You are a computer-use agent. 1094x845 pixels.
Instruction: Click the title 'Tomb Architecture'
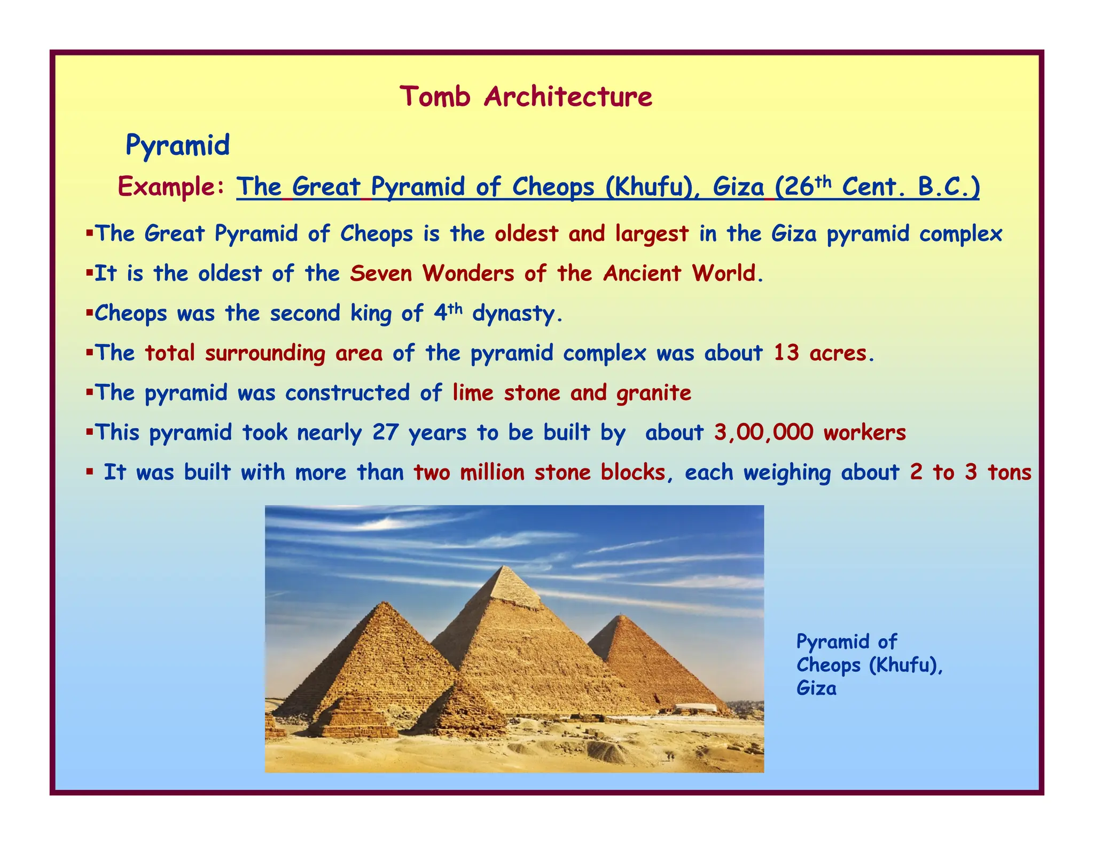click(526, 97)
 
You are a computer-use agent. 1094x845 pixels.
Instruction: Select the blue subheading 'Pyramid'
click(177, 145)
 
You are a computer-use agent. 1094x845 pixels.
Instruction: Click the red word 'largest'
click(652, 234)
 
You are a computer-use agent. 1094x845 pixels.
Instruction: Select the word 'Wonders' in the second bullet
click(468, 273)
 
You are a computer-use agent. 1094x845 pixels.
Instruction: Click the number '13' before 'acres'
click(786, 353)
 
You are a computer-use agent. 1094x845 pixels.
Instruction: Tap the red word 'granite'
click(654, 393)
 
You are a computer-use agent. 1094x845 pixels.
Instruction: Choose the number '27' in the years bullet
click(385, 433)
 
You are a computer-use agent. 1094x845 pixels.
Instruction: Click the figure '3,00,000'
click(763, 433)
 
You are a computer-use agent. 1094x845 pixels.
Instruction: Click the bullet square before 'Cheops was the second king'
click(89, 311)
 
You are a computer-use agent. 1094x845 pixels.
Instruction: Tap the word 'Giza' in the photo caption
click(816, 688)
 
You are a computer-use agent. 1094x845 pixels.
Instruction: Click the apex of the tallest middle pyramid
click(503, 567)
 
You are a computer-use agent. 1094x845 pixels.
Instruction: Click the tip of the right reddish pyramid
click(620, 616)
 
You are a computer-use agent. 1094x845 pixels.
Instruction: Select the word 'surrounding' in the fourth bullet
click(265, 354)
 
